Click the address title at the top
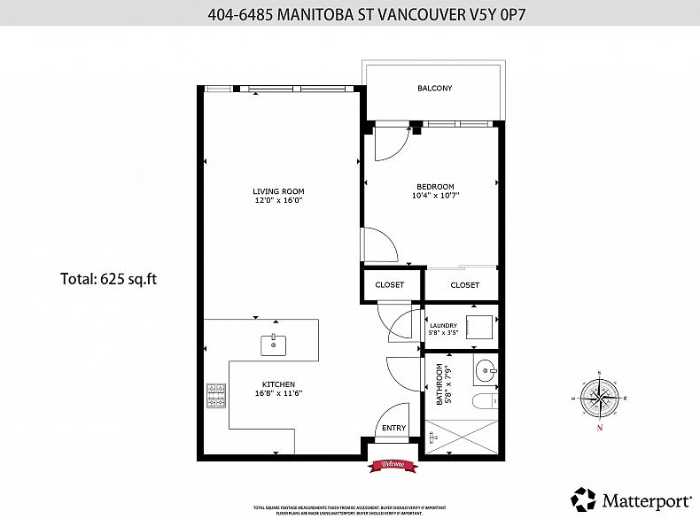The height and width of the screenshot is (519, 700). click(350, 14)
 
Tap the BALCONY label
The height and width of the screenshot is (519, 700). click(435, 88)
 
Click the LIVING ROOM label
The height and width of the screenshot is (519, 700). click(278, 191)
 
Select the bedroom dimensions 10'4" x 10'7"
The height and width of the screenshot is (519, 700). click(435, 196)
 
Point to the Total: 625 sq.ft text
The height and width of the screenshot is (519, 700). click(109, 279)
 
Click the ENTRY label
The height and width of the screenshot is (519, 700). click(393, 428)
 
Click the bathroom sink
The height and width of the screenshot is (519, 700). click(483, 369)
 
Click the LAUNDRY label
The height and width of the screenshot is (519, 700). click(443, 325)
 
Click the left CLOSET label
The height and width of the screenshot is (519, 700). click(390, 285)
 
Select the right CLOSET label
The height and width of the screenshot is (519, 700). click(464, 285)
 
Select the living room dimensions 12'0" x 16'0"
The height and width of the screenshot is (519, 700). click(278, 201)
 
